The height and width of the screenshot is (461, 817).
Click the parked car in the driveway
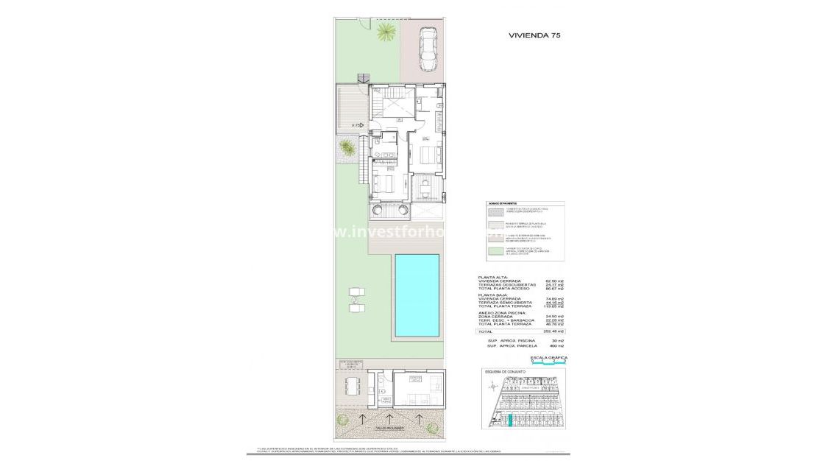point(427,49)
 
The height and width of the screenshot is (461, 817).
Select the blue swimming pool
point(417,296)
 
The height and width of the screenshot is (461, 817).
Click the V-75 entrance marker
point(357,126)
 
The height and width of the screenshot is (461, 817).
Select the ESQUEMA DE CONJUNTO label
point(505,372)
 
